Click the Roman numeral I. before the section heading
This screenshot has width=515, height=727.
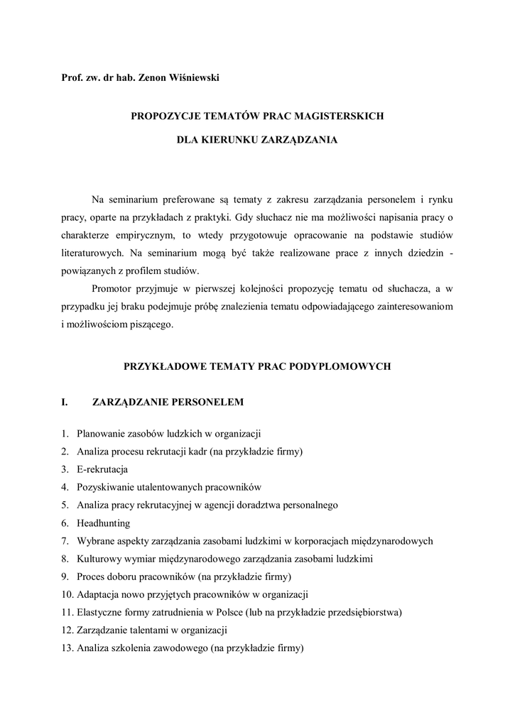pos(65,403)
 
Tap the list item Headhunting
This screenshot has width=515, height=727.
pos(104,523)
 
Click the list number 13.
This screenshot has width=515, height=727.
pos(66,648)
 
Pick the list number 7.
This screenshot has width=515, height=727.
pos(64,541)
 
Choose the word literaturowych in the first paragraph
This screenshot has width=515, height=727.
pos(92,252)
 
